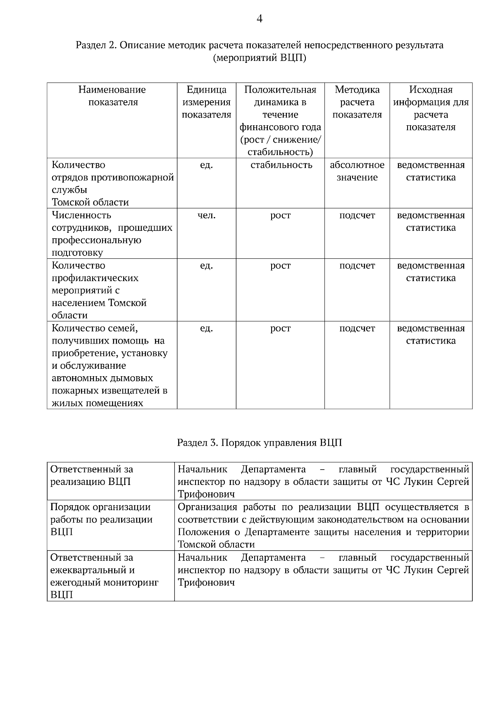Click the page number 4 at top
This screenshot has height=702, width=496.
tap(260, 19)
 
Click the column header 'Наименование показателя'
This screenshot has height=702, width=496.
tap(112, 96)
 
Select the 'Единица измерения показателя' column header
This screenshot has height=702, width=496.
tap(206, 102)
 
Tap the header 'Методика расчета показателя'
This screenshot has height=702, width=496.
tap(357, 102)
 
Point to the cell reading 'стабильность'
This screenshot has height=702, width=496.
tap(280, 165)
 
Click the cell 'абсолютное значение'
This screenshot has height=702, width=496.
tap(357, 171)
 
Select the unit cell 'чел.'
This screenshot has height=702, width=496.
tap(206, 215)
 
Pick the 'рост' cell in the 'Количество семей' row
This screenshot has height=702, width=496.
tap(280, 328)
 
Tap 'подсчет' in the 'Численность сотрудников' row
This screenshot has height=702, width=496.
tap(357, 215)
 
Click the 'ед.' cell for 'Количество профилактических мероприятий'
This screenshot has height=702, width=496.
tap(206, 265)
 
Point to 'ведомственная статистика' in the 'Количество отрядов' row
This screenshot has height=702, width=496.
tap(431, 171)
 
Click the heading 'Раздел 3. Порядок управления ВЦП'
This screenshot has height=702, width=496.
tap(260, 443)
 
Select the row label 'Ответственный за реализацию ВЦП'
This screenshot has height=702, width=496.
tap(91, 475)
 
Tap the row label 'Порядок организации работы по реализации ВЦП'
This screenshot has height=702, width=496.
tap(101, 519)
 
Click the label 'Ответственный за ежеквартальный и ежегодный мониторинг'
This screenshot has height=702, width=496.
tap(104, 576)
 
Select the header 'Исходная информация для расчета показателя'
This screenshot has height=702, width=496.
tap(431, 108)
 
